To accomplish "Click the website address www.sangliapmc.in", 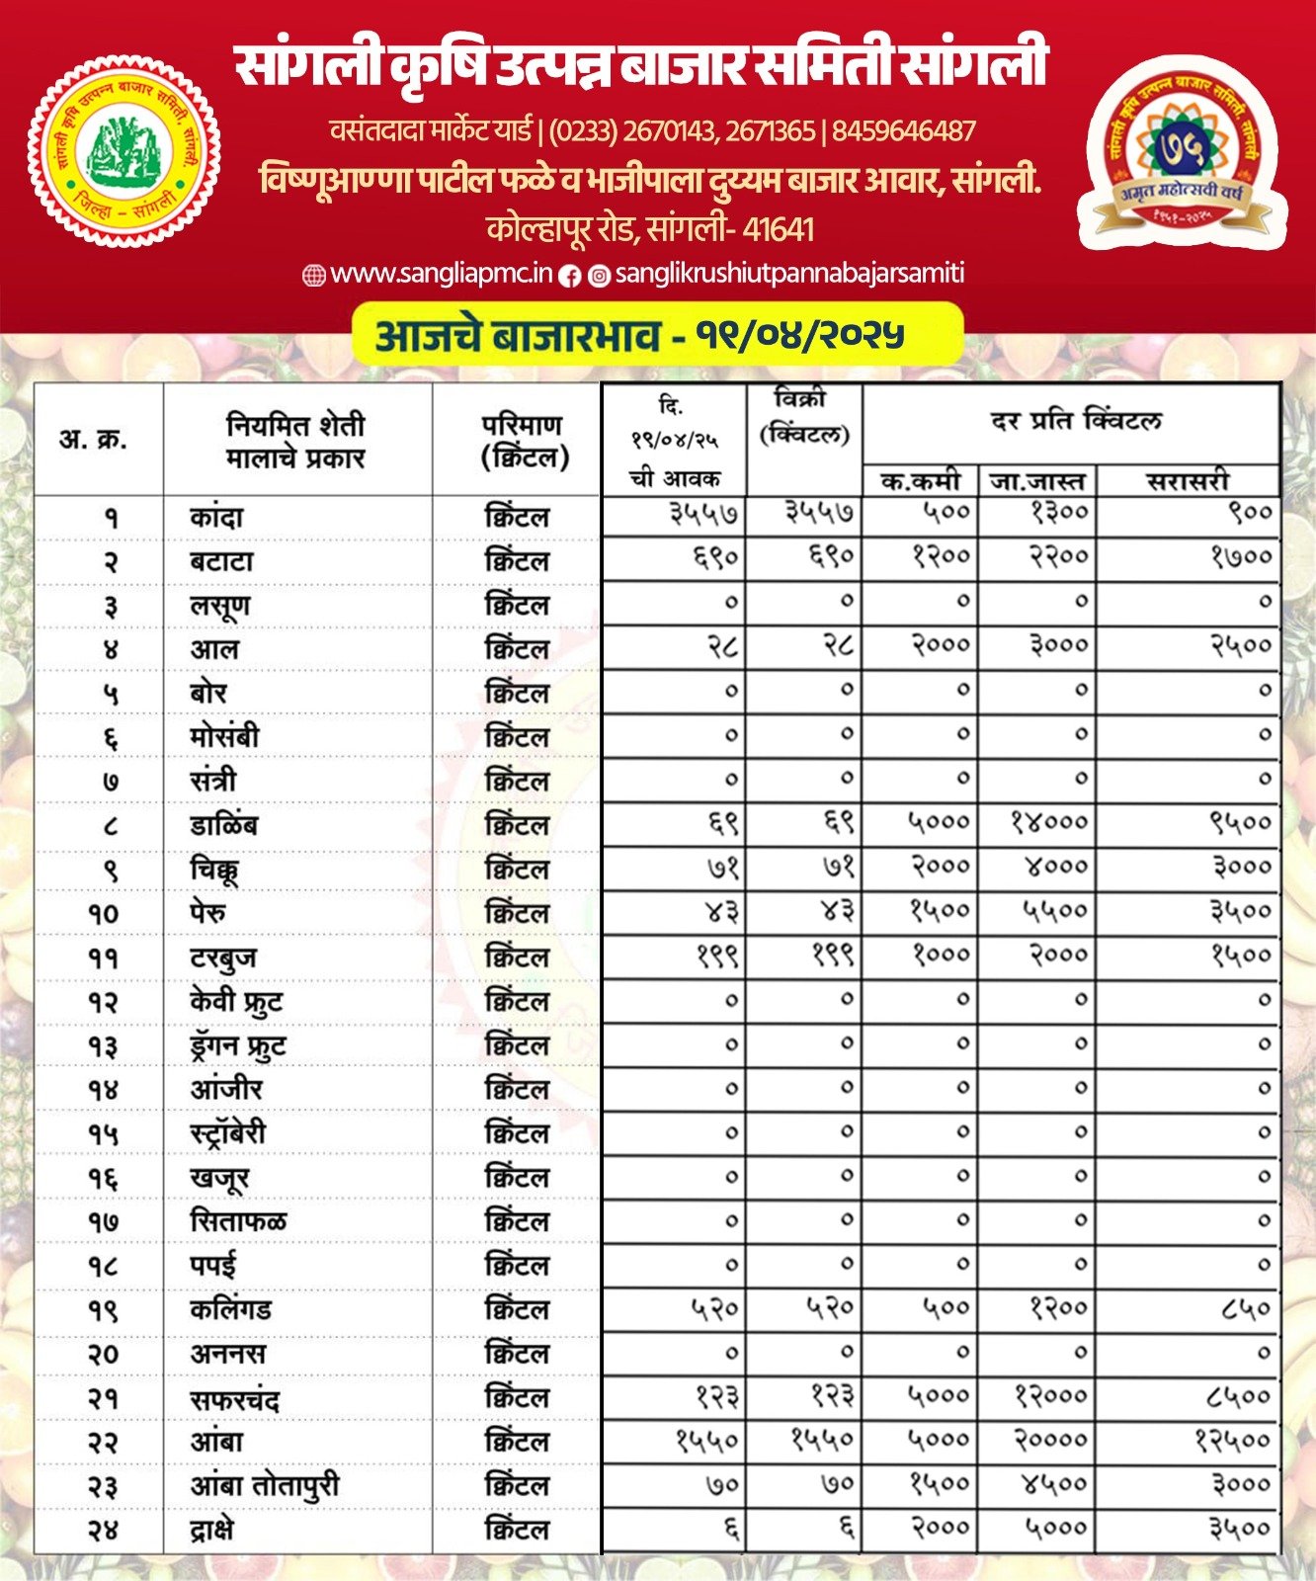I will (441, 274).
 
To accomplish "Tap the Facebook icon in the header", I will (570, 276).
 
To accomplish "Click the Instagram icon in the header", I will (599, 276).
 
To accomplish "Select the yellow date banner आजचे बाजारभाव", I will (657, 335).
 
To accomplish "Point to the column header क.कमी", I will (920, 481).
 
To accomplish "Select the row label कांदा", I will (216, 517).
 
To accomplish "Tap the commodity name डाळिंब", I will (224, 825).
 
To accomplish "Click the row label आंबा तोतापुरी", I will (265, 1486).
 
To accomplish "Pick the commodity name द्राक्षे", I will (212, 1530).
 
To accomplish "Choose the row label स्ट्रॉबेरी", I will (228, 1133).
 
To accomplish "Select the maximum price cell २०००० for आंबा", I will (1050, 1441).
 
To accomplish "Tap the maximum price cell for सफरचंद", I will (1050, 1396).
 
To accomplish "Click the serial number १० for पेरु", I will (102, 914).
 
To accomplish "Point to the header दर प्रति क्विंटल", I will (1075, 421).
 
